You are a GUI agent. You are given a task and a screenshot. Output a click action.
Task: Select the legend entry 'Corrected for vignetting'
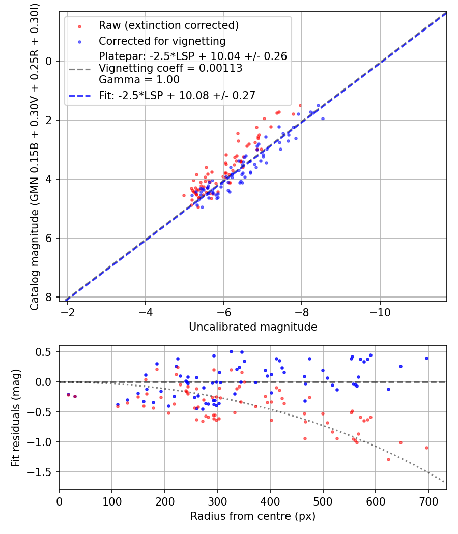point(162,41)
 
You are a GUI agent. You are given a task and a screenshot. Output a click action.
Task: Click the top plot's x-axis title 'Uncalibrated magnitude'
point(253,327)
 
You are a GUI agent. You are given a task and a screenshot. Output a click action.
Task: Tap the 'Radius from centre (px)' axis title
point(253,516)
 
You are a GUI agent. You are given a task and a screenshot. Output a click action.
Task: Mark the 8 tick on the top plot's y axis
point(50,297)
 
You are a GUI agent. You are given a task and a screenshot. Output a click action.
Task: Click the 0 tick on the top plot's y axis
point(50,61)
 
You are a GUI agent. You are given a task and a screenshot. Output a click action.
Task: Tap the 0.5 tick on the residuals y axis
point(46,352)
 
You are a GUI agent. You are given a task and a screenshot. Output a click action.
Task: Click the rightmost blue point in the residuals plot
point(426,358)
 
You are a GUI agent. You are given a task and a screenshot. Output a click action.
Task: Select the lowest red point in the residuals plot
point(388,459)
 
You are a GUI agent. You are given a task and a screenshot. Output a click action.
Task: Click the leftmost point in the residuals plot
point(68,394)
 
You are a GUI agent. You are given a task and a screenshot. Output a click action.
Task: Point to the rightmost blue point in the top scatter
point(323,118)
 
